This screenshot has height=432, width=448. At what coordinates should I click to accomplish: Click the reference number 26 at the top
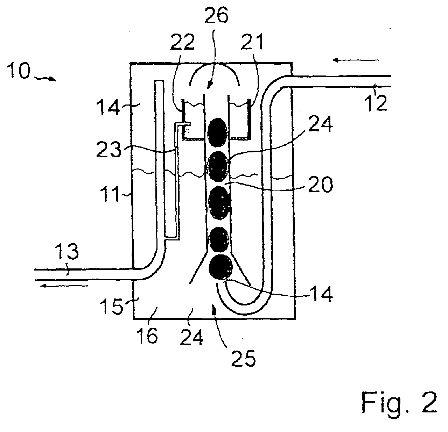click(216, 15)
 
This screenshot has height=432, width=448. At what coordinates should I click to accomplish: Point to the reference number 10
click(19, 71)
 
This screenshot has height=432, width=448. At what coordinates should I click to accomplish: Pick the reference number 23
click(108, 150)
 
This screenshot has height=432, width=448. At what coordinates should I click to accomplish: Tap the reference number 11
click(110, 194)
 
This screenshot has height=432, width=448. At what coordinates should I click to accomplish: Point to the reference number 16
click(147, 335)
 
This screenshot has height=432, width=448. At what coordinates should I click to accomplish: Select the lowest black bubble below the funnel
click(220, 267)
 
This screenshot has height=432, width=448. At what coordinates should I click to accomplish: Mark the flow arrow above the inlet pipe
click(356, 60)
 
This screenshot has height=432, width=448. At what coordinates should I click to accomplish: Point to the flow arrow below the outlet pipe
click(64, 286)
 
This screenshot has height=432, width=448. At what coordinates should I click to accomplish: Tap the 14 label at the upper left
click(108, 107)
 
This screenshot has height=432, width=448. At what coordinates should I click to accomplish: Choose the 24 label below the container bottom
click(191, 337)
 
